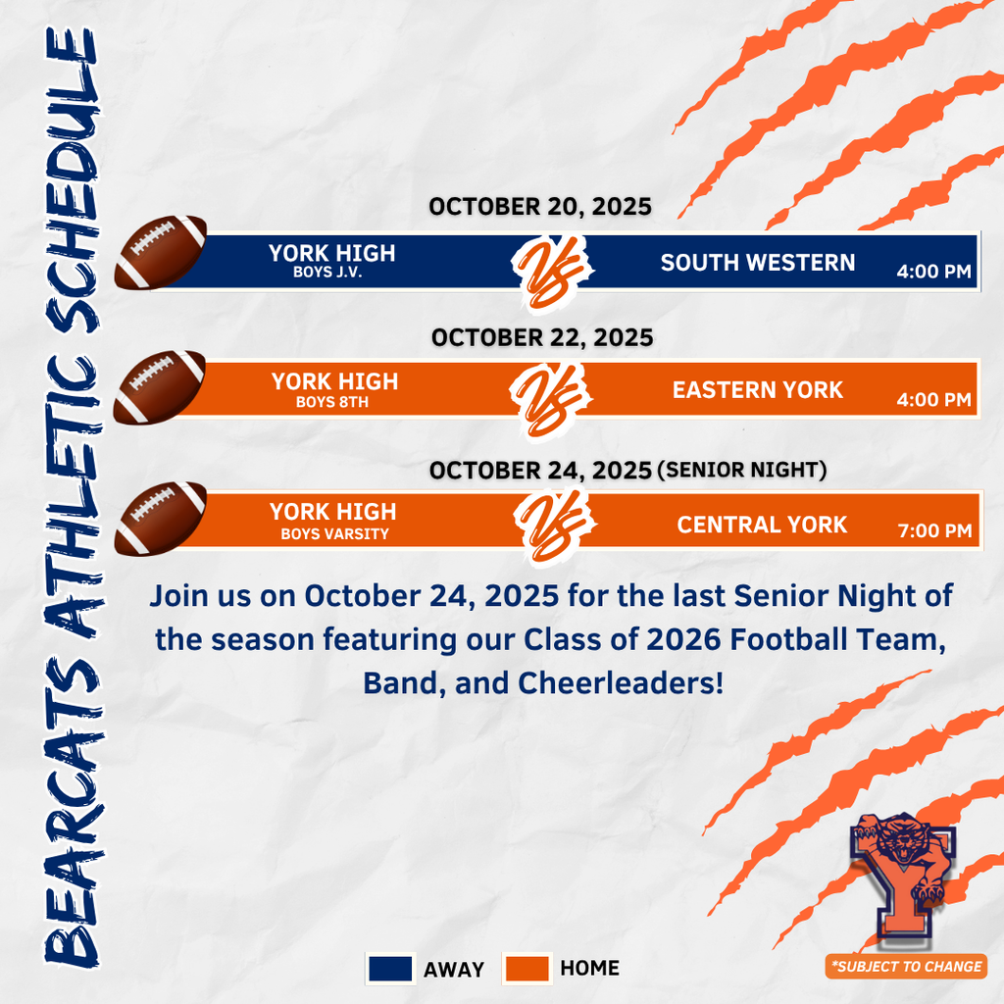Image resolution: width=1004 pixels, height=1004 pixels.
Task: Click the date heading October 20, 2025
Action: coord(539,207)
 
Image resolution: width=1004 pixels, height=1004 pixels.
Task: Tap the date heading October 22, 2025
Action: coord(541,337)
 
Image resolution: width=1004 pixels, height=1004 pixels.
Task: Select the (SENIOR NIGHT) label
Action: coord(742,471)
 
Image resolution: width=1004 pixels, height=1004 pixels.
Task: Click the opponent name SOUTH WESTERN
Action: coord(758,263)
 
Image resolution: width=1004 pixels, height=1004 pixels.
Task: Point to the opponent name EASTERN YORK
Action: coord(758,390)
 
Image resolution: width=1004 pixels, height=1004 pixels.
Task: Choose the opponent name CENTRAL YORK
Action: coord(762,525)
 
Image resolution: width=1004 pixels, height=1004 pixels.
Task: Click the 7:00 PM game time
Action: coord(934,532)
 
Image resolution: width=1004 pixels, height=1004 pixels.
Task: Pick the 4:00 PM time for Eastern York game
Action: coord(933,400)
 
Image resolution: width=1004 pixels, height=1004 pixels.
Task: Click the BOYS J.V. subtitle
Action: coord(327,274)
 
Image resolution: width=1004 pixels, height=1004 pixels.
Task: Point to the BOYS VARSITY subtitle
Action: coord(334,534)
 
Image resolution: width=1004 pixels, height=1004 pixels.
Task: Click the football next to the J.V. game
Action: coord(160,252)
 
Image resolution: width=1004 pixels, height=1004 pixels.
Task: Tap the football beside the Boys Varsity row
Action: coord(160,518)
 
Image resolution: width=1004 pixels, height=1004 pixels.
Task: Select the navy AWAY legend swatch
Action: coord(389,969)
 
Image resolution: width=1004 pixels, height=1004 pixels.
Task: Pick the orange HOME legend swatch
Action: coord(527,969)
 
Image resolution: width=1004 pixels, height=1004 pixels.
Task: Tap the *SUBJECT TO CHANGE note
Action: coord(905,967)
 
